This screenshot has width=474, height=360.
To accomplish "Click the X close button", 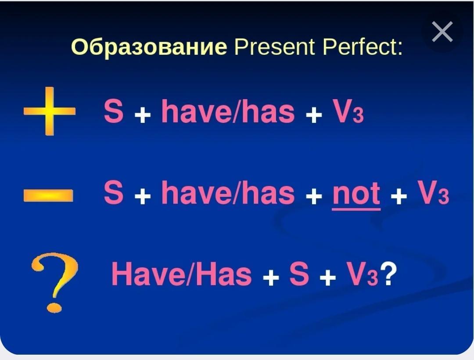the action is click(x=442, y=32).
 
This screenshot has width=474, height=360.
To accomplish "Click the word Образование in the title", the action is click(x=149, y=47).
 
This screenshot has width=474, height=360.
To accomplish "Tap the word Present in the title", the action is click(x=275, y=47).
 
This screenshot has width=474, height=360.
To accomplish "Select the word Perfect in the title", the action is click(x=363, y=47).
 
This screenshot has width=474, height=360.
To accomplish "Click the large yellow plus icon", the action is click(x=50, y=111).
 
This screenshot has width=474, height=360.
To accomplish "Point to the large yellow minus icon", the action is click(x=48, y=195).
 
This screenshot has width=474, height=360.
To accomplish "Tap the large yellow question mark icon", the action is click(x=55, y=282).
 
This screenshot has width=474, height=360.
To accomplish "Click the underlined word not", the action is click(x=356, y=194).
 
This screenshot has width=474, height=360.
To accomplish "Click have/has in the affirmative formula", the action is click(x=228, y=111).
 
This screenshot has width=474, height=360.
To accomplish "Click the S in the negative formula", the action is click(x=114, y=192).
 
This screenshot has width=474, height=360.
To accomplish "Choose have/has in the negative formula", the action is click(x=228, y=192).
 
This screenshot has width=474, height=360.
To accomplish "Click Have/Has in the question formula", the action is click(x=182, y=274).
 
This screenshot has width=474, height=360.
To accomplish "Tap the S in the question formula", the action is click(x=299, y=274).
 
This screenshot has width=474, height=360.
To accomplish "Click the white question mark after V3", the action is click(x=388, y=273).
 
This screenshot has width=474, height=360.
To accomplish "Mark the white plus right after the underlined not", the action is click(x=399, y=197).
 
